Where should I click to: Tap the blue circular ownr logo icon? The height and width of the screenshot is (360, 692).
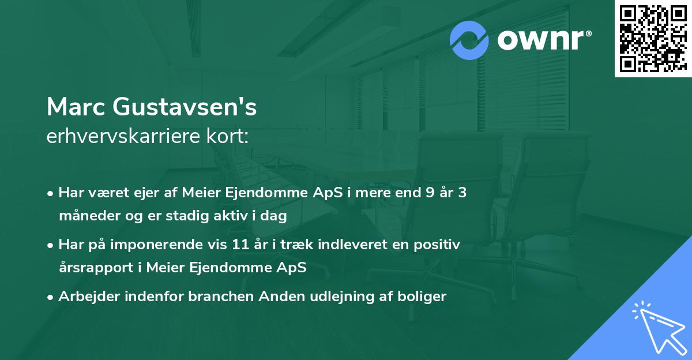(x=469, y=40)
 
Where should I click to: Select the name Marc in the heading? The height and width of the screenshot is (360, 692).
(x=75, y=108)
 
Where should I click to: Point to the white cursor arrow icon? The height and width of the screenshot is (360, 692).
(x=657, y=325)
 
